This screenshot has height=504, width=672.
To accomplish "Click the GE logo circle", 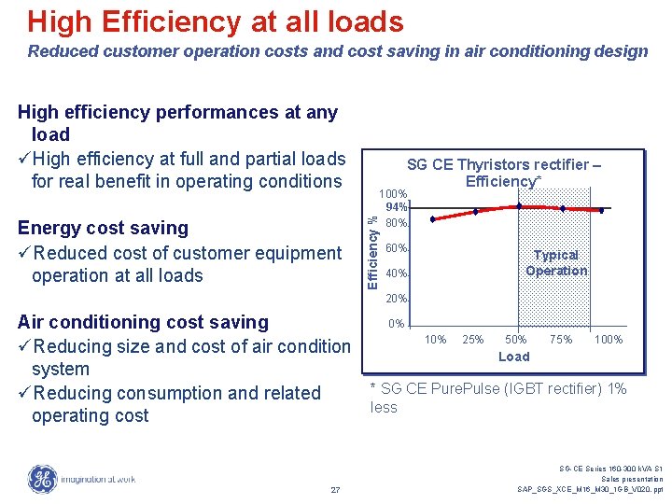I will point(42,479).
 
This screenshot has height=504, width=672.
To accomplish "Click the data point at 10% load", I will point(432,219).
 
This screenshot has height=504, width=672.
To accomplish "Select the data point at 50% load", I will point(518,205).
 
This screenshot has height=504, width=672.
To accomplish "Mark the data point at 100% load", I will point(602,211).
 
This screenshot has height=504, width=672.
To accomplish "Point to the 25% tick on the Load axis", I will point(474,340).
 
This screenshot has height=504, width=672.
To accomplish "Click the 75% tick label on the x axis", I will point(561,340).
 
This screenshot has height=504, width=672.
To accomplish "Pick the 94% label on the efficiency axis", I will point(397,208).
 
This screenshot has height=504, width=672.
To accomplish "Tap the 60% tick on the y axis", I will point(397,248).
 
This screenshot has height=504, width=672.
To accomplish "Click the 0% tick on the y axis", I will point(397,325).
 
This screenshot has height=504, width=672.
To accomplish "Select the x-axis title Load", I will point(513,357).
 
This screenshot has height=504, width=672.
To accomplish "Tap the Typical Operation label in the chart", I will point(556,262).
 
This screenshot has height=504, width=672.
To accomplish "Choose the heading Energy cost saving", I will point(104,229).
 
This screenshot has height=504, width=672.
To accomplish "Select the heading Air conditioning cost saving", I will point(144,323).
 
